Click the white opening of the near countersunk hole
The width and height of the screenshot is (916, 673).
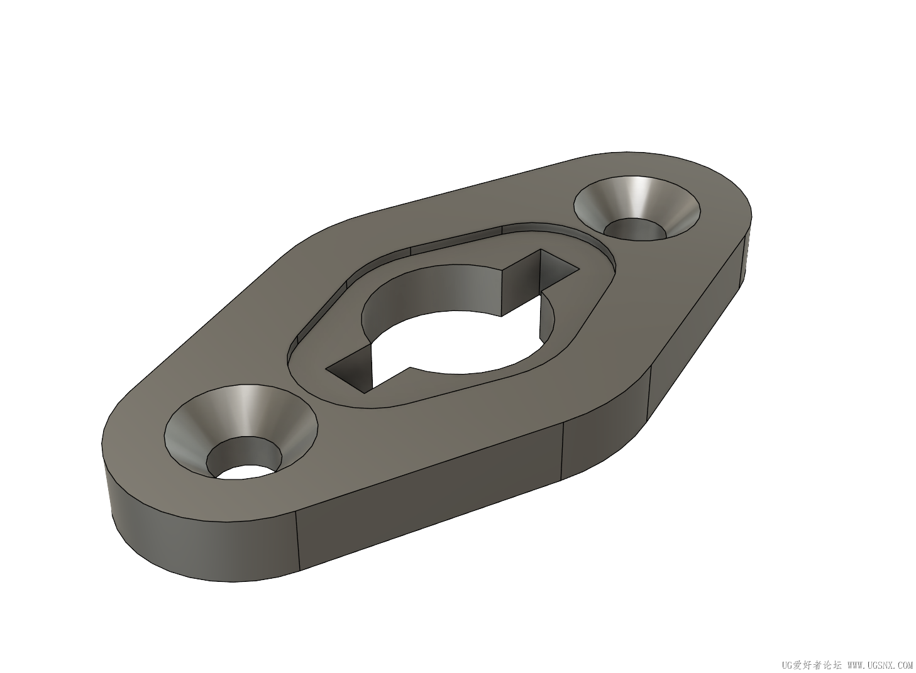coord(245,473)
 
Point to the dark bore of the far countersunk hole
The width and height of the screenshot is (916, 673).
coord(634,229)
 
